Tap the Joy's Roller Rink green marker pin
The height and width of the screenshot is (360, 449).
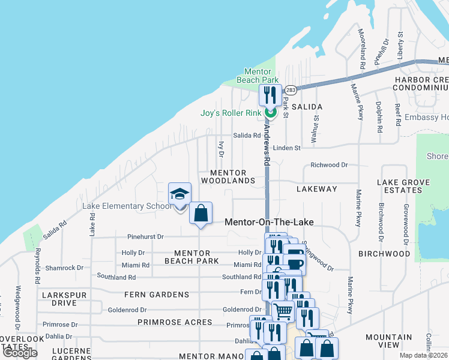270,111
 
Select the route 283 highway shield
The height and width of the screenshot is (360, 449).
291,90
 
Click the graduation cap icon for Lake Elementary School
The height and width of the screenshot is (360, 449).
179,194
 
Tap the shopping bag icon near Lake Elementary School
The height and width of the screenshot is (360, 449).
200,213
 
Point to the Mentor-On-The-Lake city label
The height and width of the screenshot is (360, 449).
269,222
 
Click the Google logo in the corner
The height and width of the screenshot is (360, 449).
20,353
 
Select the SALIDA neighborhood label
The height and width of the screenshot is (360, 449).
307,107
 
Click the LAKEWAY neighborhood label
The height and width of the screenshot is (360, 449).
317,189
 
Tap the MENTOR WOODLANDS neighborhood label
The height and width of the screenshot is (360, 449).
228,176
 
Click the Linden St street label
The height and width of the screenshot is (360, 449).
286,148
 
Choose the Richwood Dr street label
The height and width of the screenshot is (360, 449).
329,165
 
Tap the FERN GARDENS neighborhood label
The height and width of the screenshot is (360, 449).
157,295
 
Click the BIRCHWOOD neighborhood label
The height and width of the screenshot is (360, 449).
384,254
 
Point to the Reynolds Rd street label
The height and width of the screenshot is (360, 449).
37,266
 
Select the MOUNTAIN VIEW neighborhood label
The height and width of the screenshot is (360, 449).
388,341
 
